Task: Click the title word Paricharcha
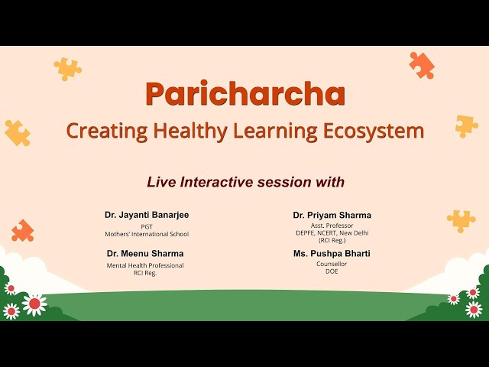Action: (244, 93)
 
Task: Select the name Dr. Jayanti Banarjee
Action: (147, 215)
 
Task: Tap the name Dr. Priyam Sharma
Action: (332, 215)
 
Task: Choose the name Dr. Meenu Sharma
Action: (145, 253)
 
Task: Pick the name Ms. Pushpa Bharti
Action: (332, 253)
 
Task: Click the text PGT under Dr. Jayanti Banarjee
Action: (147, 226)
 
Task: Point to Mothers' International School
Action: (147, 234)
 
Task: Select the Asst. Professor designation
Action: (332, 226)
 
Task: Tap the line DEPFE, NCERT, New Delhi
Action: (332, 232)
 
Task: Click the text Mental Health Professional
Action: (145, 265)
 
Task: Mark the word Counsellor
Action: (332, 264)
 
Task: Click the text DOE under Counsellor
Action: (332, 271)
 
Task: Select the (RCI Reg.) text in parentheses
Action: (332, 240)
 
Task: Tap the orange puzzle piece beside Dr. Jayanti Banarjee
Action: (23, 230)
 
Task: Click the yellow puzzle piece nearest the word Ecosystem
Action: (466, 126)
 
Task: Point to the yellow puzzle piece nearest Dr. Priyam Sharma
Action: (461, 220)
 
